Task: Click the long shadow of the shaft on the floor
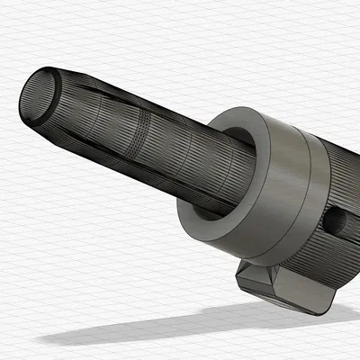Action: tap(135, 328)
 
